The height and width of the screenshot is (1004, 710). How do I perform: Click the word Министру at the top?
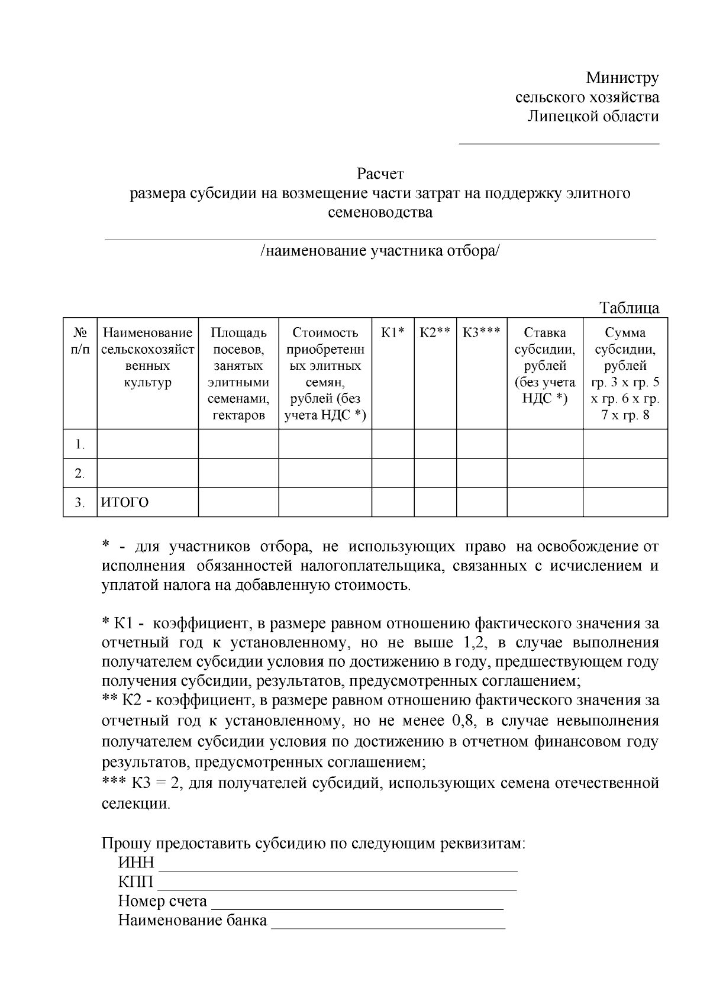(622, 78)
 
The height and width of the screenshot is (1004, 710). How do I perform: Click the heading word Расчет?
(380, 174)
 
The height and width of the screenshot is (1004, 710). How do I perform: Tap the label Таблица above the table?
(629, 308)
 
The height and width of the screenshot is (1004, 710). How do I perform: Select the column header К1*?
(392, 332)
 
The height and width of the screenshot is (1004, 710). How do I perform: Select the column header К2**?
(435, 332)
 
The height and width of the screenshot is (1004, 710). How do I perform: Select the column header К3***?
(482, 332)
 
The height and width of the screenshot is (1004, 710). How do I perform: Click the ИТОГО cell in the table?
(125, 503)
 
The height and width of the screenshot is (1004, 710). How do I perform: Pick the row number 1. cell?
(80, 444)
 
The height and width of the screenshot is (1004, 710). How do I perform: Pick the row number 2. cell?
(80, 473)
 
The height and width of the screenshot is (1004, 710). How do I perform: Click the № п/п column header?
(80, 341)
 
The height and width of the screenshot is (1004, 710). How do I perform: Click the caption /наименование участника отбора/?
(380, 251)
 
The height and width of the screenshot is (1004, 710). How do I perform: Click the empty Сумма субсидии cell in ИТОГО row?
(625, 503)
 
